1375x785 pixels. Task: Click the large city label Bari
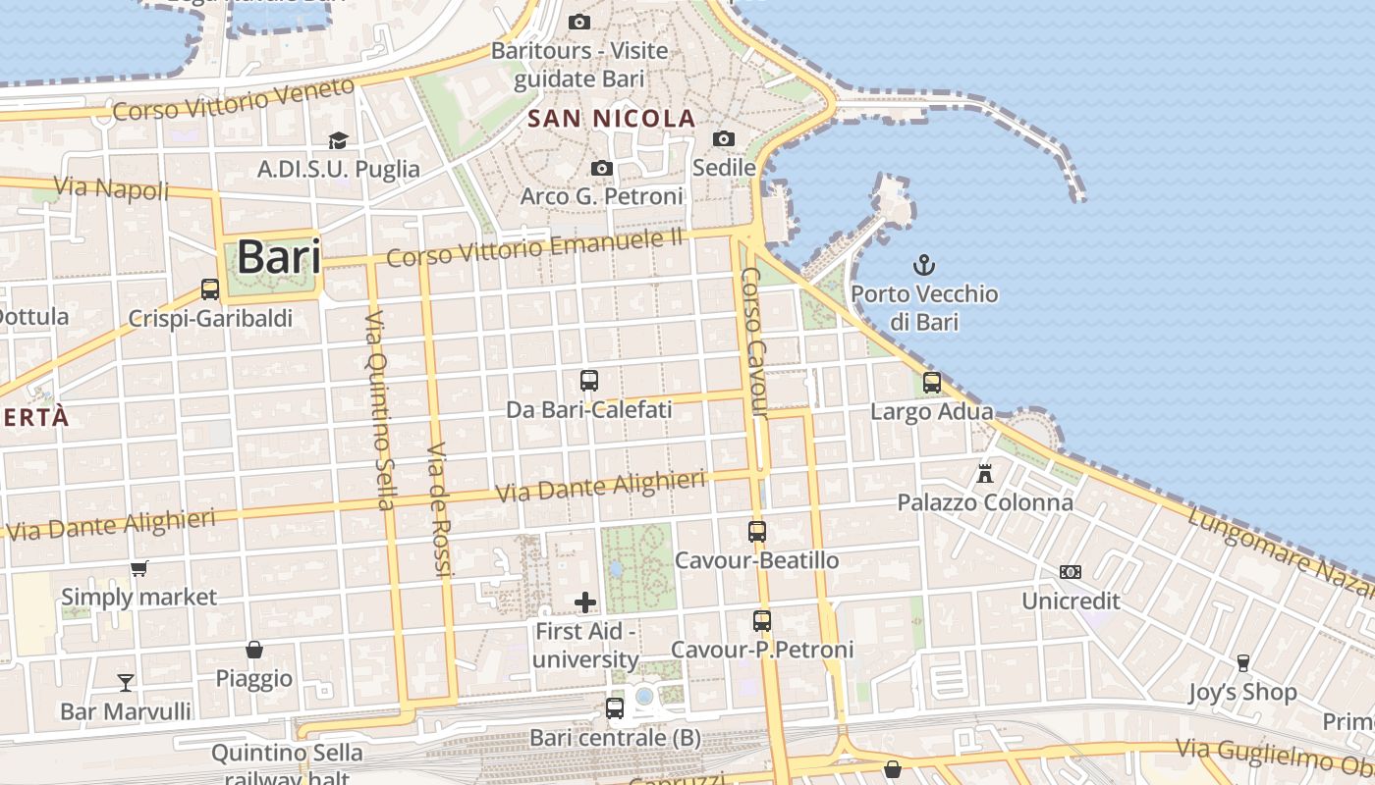point(279,257)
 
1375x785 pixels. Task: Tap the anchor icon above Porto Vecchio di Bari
point(923,264)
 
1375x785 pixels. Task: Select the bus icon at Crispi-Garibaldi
point(210,289)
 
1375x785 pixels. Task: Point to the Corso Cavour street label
point(753,342)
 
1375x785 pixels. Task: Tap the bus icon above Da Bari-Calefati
point(589,380)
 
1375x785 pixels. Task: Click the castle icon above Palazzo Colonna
point(985,474)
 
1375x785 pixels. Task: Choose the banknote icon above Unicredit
point(1070,571)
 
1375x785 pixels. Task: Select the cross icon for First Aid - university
point(585,602)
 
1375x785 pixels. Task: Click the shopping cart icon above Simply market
point(139,568)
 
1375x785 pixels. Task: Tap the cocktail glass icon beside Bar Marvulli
point(126,682)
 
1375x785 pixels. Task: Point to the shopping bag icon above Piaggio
point(254,650)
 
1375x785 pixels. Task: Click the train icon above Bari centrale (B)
point(615,707)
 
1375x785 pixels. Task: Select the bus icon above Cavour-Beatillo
point(757,532)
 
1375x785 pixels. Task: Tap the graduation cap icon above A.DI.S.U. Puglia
point(338,140)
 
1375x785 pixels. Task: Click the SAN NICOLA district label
point(611,119)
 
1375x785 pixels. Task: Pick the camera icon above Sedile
point(724,138)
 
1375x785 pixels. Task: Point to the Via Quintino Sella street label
point(378,410)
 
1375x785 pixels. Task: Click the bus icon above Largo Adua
point(931,382)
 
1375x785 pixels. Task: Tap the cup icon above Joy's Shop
point(1242,663)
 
